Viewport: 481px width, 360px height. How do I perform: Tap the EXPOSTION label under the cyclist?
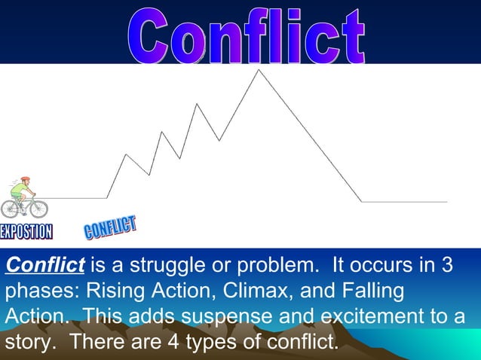coord(26,231)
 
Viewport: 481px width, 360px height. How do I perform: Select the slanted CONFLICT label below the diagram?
coord(110,227)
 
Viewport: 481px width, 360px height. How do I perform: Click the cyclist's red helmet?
coord(25,180)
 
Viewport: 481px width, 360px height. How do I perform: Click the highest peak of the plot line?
coord(259,70)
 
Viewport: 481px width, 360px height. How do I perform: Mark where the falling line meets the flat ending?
coord(362,202)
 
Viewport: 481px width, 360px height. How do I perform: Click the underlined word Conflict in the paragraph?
coord(44,266)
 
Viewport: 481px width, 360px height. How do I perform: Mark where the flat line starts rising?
coord(107,198)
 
